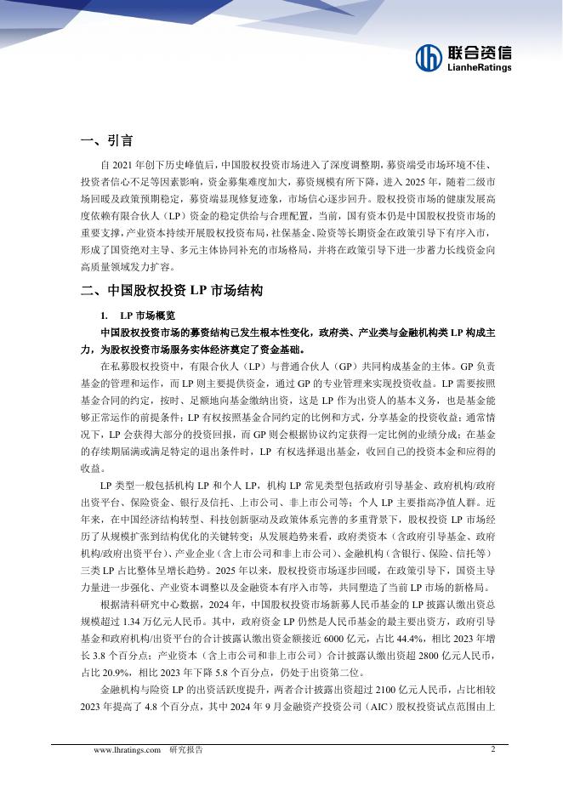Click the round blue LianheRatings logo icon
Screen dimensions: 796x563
point(428,57)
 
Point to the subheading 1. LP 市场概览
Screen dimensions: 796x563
point(141,316)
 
